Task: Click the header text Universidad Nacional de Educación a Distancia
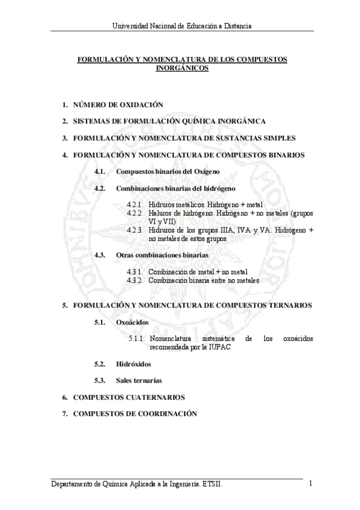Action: [x=181, y=25]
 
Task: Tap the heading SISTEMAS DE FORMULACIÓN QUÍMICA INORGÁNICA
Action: [x=169, y=121]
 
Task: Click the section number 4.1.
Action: [x=100, y=171]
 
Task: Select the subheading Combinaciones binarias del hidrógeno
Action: [x=175, y=188]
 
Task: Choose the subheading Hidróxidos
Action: [x=133, y=364]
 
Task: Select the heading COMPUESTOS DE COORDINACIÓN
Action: [x=135, y=414]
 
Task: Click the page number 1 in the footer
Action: [x=311, y=483]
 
